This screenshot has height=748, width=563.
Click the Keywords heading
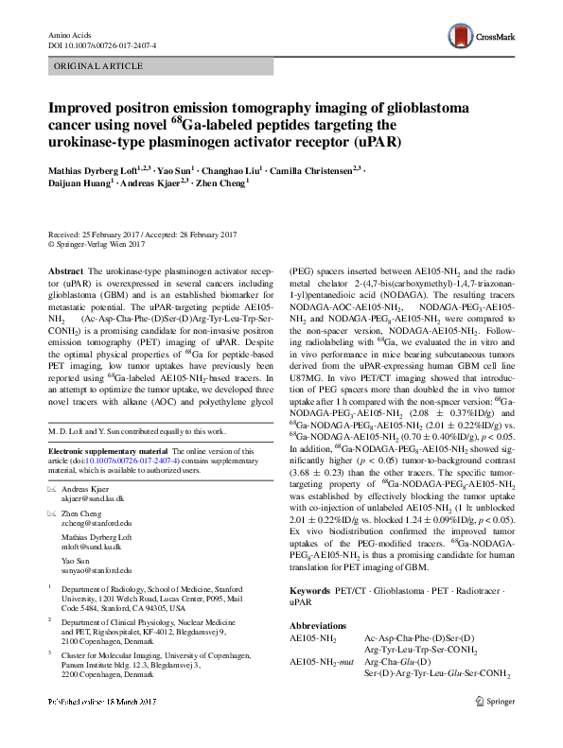[313, 591]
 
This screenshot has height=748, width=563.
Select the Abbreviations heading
[325, 625]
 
